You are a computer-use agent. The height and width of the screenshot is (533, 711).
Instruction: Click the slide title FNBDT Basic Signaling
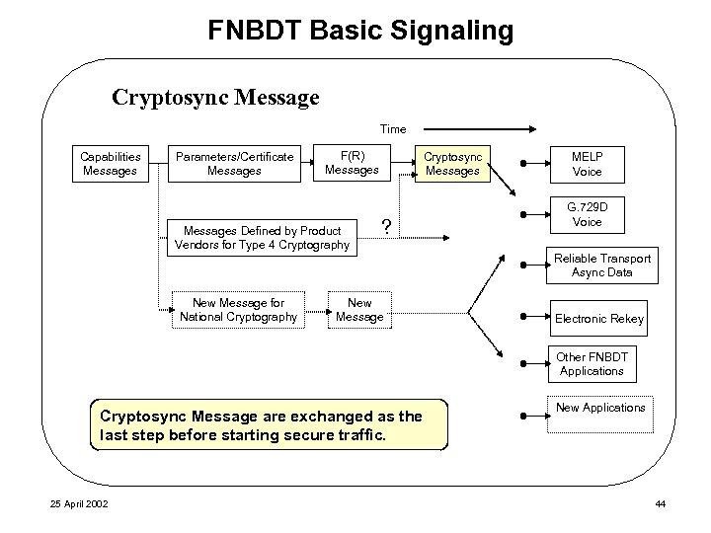(x=360, y=31)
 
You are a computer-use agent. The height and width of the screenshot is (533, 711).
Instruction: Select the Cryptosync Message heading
(x=215, y=98)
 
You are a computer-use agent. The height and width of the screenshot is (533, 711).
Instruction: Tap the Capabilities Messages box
(x=110, y=164)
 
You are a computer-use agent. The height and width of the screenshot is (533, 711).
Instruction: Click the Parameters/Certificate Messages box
(x=234, y=164)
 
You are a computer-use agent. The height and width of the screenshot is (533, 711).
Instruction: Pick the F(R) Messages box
(x=352, y=163)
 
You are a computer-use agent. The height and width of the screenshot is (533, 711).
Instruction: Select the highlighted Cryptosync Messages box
(x=452, y=164)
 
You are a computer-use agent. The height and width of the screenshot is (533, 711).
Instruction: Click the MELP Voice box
(x=587, y=164)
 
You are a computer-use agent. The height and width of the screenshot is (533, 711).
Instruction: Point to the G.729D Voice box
(x=587, y=214)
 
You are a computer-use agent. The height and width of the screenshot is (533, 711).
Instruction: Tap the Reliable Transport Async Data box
(x=601, y=265)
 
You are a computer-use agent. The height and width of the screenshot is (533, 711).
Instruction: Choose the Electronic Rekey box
(x=598, y=318)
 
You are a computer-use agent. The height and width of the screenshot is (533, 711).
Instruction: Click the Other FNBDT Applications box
(x=592, y=363)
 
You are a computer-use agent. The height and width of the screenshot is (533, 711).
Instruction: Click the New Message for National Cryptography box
(x=238, y=310)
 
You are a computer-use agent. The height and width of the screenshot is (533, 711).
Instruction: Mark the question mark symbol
(x=387, y=227)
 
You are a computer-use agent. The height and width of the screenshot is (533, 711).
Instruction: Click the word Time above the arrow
(x=392, y=128)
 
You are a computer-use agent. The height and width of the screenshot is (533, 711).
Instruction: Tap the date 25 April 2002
(x=81, y=505)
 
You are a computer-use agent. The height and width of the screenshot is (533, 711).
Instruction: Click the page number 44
(x=661, y=505)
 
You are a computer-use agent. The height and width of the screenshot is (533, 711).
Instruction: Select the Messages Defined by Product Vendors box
(x=262, y=237)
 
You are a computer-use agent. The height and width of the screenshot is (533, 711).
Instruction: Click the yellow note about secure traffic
(x=269, y=424)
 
